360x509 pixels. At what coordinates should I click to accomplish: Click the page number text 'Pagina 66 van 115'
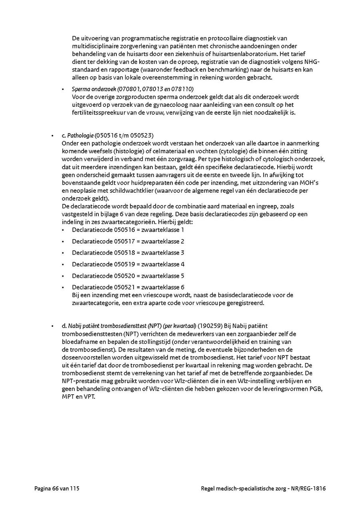tap(59, 488)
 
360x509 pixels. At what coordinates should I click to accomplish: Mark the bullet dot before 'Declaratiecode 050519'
tap(63, 264)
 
